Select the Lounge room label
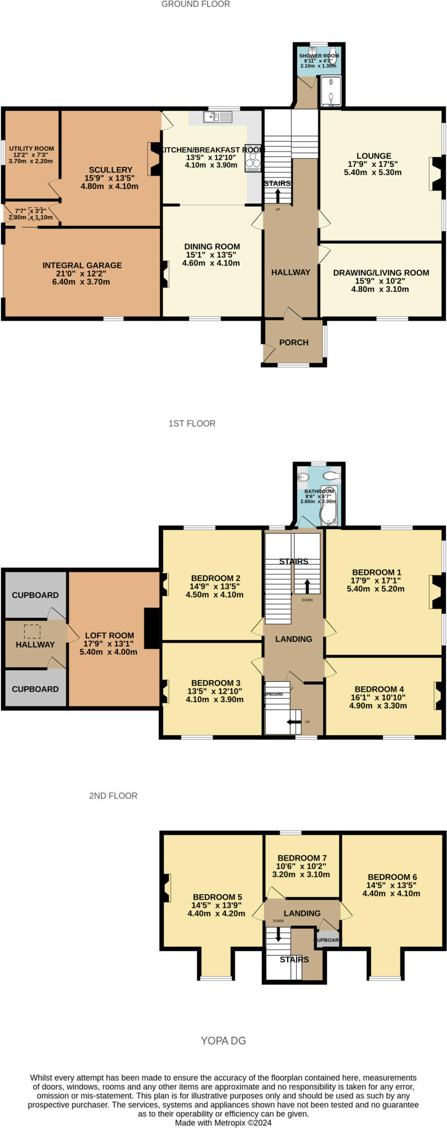(x=374, y=156)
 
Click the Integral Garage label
(x=82, y=265)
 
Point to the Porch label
(x=294, y=343)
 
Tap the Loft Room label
(x=109, y=635)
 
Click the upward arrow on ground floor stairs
(x=278, y=197)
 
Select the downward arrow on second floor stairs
(x=278, y=934)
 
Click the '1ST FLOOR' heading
(x=192, y=424)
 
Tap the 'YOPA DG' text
(x=223, y=1040)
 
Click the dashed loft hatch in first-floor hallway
(x=32, y=631)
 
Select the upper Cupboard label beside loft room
(x=35, y=595)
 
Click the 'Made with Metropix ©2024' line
(x=223, y=1122)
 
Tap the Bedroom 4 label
(x=379, y=689)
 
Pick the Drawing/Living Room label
(x=381, y=273)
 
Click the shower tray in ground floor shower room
(x=332, y=91)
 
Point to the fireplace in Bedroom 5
(x=165, y=888)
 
